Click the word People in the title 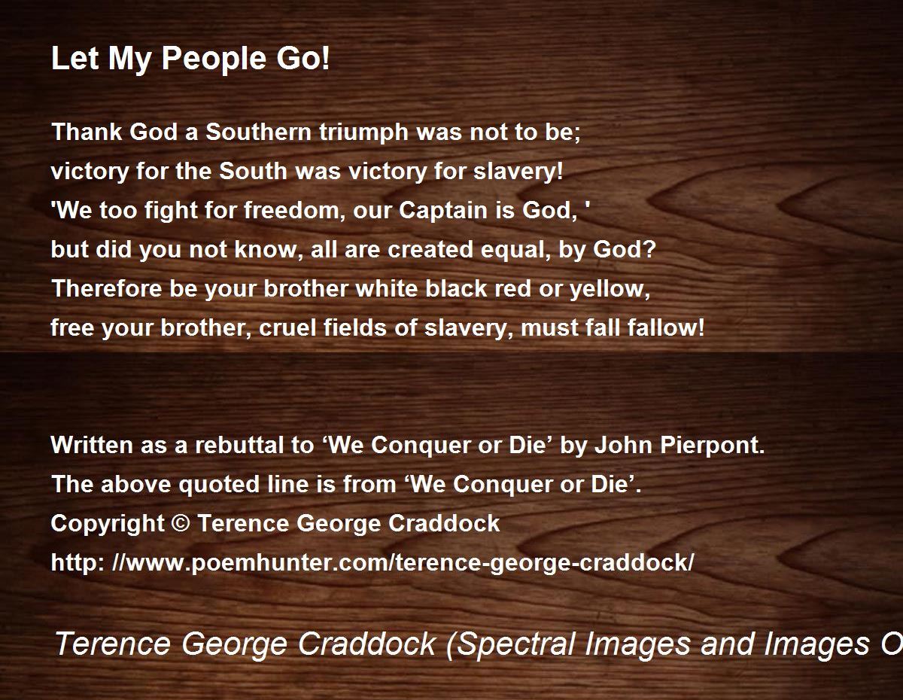tap(214, 59)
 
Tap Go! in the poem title tap(303, 58)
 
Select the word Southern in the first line tap(258, 132)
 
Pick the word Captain tap(443, 210)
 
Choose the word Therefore tap(107, 288)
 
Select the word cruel tap(287, 327)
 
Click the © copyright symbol tap(181, 523)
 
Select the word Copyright tap(108, 524)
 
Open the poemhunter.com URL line tap(372, 563)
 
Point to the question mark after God tap(649, 249)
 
